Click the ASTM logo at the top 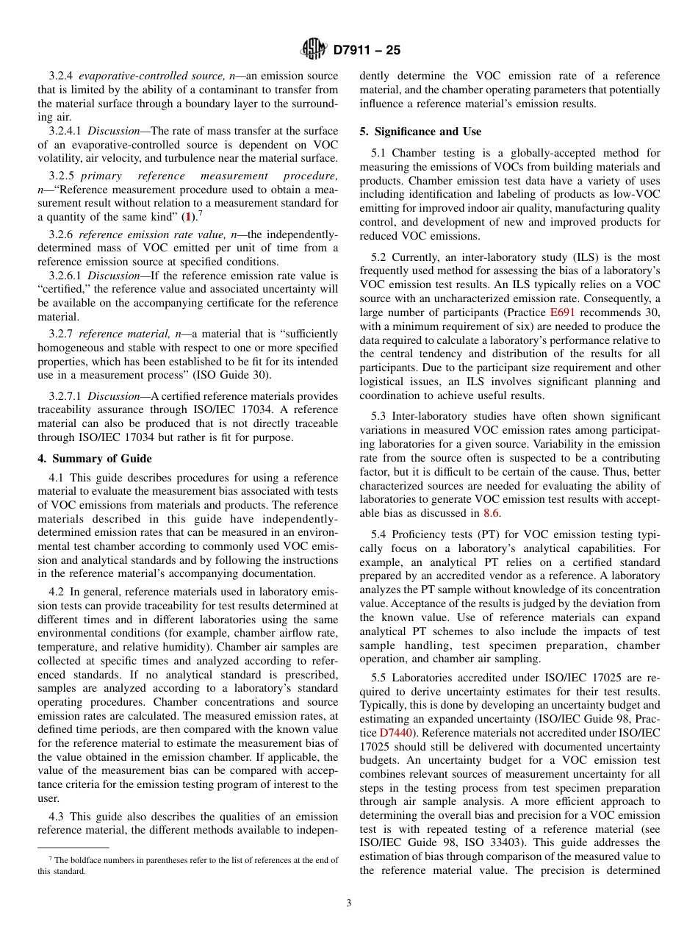click(x=314, y=50)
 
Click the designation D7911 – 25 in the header click(x=367, y=51)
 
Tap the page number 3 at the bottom click(x=349, y=903)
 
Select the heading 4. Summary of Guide click(x=95, y=459)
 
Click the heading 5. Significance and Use click(x=420, y=132)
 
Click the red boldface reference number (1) click(x=190, y=217)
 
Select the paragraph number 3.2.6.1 click(x=67, y=276)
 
